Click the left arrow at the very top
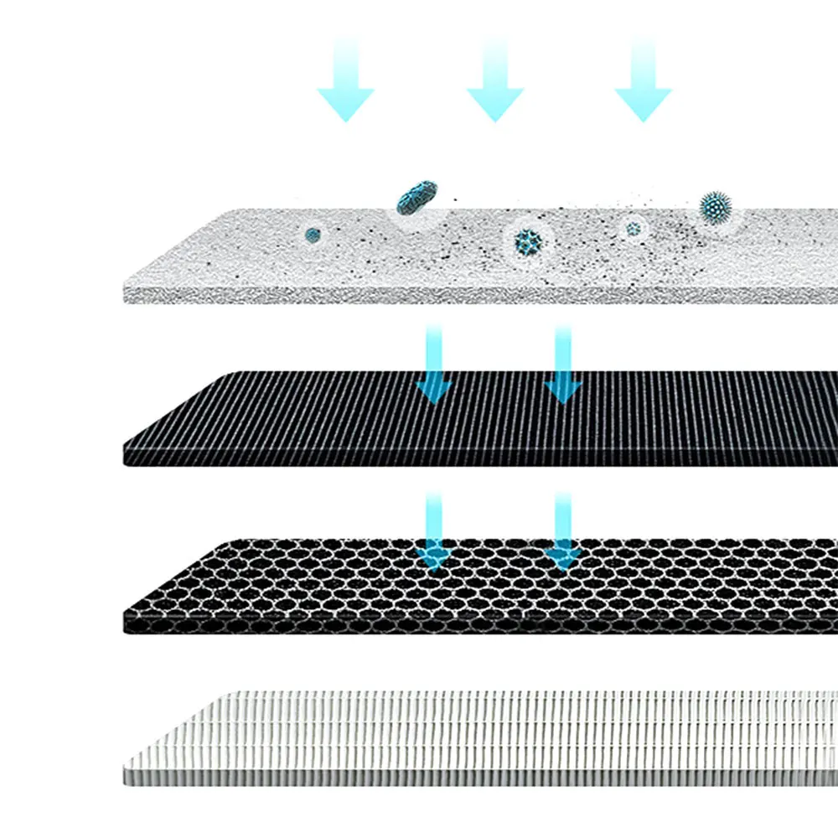coord(345,80)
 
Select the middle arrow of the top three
coord(494,80)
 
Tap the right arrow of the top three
coord(643,80)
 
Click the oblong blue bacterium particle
coord(416,196)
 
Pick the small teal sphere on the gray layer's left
coord(313,235)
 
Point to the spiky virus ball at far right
coord(717,205)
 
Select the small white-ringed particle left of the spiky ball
coord(634,226)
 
